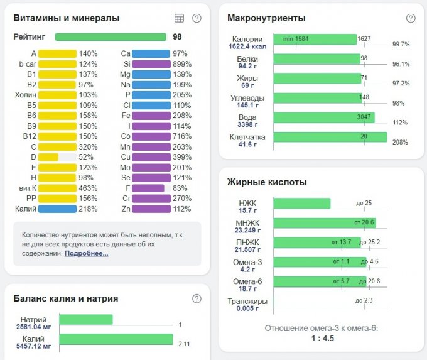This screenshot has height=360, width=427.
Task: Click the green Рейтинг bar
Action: coord(110,37)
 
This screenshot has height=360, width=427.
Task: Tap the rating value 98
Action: coord(178,37)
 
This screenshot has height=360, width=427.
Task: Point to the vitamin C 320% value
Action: coord(88,146)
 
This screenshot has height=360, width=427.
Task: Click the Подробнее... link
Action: coord(87,253)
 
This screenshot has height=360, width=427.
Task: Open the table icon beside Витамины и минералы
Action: coord(179,18)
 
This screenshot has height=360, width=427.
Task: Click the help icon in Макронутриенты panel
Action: coord(411,18)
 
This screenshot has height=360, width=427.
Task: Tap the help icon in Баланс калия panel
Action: coord(197,298)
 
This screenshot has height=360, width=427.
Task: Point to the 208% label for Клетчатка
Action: coord(401,143)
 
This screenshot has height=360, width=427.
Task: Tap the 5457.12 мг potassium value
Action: coord(33,346)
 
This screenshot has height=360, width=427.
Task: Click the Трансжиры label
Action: coord(247,301)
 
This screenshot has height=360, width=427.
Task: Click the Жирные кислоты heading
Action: coord(267,182)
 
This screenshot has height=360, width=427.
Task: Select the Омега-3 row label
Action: coord(247,262)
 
